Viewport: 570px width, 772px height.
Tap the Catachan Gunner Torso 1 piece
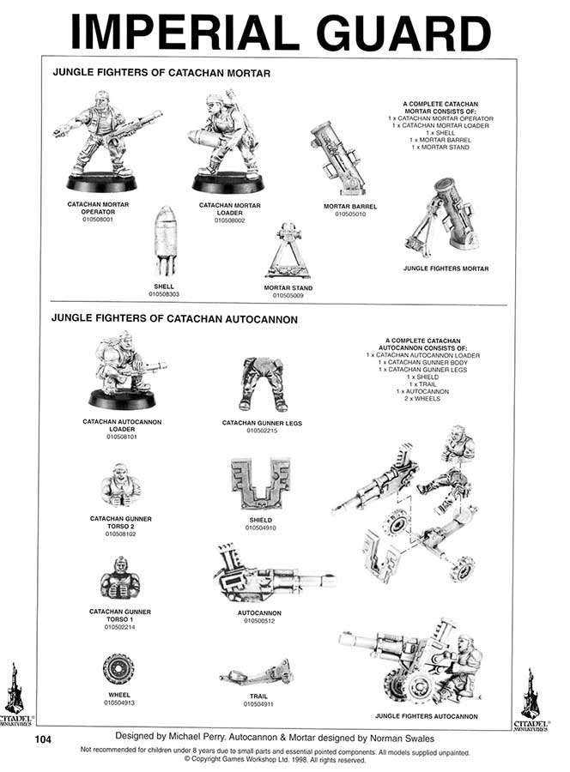(121, 580)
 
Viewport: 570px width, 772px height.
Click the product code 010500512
(260, 620)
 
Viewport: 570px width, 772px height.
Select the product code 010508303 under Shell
(163, 293)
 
